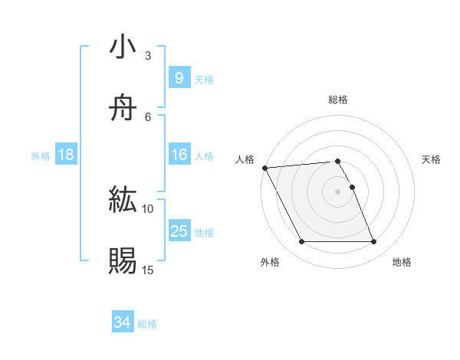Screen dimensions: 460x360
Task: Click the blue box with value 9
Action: point(179,77)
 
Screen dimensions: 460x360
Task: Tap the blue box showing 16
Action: point(179,155)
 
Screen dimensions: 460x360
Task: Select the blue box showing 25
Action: point(179,231)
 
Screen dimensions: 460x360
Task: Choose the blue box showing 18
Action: point(66,155)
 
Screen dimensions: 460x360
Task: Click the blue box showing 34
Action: point(122,323)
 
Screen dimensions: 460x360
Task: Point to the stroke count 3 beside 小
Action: point(148,56)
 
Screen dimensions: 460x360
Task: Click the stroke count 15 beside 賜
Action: point(148,270)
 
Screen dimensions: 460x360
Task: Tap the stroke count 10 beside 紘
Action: point(148,208)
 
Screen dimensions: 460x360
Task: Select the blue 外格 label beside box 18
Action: point(41,156)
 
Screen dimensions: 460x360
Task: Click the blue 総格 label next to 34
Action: point(147,324)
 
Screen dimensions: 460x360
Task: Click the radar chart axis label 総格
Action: point(337,100)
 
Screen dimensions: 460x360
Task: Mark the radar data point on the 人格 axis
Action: point(264,168)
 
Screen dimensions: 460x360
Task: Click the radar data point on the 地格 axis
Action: point(373,242)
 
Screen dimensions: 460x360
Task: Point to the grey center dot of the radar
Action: point(337,191)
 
